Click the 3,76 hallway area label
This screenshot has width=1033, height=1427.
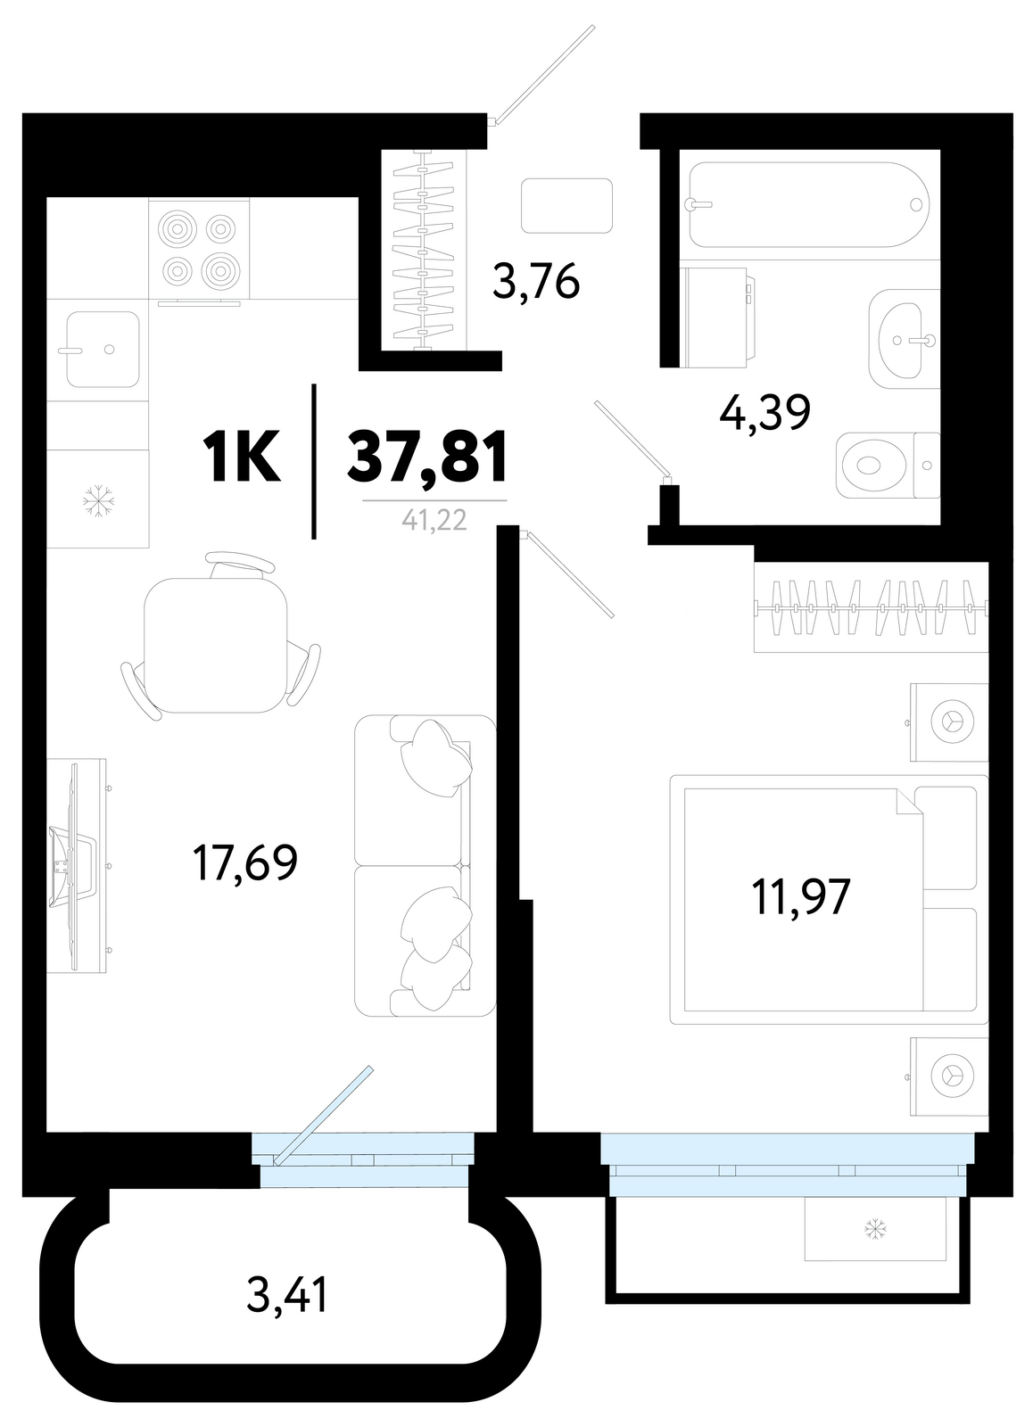[536, 282]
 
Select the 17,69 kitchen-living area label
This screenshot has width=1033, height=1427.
[245, 862]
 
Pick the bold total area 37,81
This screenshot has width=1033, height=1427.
[427, 456]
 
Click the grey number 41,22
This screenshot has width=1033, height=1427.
[434, 521]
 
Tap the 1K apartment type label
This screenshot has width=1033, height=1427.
[241, 456]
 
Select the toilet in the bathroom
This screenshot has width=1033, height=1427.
[887, 466]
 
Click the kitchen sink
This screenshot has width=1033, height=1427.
[102, 349]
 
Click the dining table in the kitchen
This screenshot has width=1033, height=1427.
[215, 646]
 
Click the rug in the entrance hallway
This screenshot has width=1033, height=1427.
[566, 206]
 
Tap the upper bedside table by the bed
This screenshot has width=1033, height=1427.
[948, 722]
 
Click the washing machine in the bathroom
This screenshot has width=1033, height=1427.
[717, 318]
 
